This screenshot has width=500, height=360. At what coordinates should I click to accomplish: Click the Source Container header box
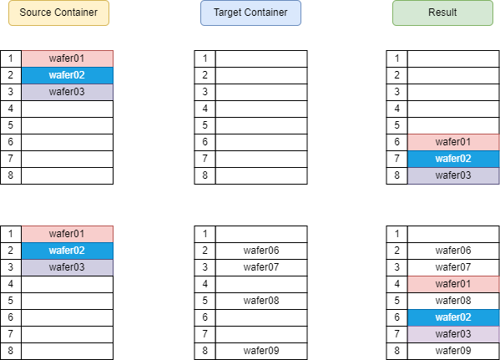[x=58, y=13]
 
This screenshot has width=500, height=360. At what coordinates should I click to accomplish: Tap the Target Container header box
[x=250, y=13]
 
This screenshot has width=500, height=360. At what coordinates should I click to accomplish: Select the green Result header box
[x=442, y=13]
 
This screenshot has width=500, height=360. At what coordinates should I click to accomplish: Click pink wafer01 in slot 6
[x=453, y=142]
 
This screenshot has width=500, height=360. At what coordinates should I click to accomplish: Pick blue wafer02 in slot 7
[x=453, y=159]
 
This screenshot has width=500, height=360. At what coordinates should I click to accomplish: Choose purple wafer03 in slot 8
[x=453, y=175]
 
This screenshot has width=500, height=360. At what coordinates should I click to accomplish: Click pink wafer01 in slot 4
[x=453, y=284]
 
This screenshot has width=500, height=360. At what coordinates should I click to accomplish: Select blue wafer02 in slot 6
[x=453, y=317]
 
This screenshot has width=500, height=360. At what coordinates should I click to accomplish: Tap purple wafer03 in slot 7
[x=453, y=334]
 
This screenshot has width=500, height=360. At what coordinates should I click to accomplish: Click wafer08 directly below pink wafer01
[x=453, y=301]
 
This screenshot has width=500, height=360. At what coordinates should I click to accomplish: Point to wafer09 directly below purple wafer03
[x=453, y=351]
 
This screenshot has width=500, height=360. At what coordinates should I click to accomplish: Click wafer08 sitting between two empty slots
[x=261, y=301]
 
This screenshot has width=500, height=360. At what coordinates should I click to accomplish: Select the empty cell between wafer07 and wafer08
[x=261, y=284]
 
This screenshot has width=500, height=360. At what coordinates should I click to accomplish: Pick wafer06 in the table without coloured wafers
[x=261, y=251]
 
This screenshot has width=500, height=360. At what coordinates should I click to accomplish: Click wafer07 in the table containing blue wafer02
[x=453, y=267]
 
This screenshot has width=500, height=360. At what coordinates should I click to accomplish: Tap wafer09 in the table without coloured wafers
[x=261, y=351]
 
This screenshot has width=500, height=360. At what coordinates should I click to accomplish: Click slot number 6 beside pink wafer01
[x=396, y=142]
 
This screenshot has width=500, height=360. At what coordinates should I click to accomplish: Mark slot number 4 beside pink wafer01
[x=396, y=284]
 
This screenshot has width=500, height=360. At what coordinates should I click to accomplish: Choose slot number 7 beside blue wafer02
[x=396, y=159]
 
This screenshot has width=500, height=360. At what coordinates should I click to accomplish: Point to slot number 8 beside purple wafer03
[x=396, y=175]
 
